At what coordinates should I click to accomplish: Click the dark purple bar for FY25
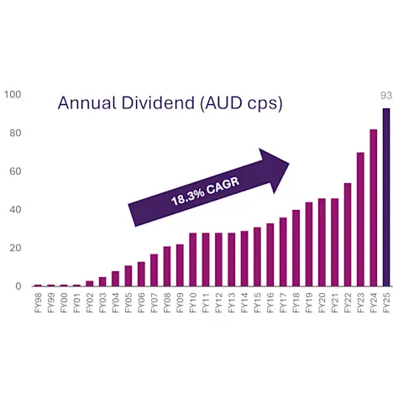386,197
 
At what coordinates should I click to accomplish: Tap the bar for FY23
360,219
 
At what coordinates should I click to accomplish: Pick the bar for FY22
348,234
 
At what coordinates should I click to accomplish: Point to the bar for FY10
192,259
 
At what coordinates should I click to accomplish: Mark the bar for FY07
154,270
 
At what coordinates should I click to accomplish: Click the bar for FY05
128,275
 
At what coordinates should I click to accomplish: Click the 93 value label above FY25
385,95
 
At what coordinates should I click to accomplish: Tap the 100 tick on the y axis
12,94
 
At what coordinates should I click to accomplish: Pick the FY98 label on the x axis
38,302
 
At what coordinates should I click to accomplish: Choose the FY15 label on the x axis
257,302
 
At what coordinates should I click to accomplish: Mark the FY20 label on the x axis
322,302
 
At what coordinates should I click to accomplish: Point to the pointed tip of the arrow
289,165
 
